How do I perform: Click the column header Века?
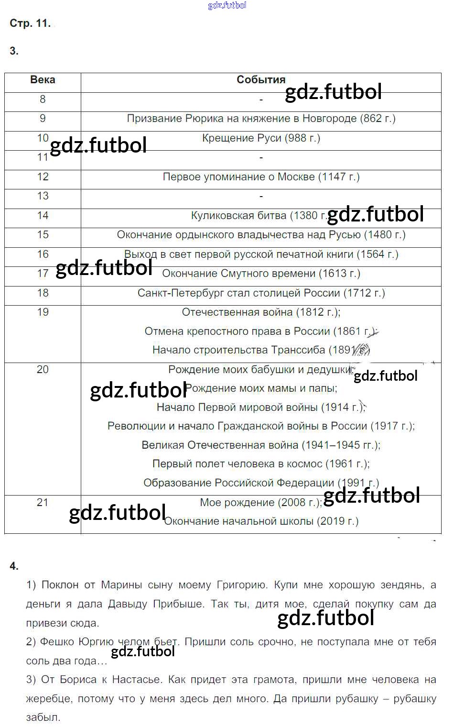tap(43, 80)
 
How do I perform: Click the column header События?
tap(261, 80)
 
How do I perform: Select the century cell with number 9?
tap(43, 119)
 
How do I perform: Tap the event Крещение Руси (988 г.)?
tap(261, 138)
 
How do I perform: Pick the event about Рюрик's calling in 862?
tap(261, 119)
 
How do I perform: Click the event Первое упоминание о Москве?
tap(261, 177)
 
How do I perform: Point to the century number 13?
tap(43, 196)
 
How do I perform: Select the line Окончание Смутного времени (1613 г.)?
tap(261, 274)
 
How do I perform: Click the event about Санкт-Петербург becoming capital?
tap(261, 293)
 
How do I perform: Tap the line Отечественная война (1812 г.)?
tap(261, 312)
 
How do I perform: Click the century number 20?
tap(43, 370)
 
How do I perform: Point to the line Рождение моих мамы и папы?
tap(261, 388)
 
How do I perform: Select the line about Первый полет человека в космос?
tap(261, 464)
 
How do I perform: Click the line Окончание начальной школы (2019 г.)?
tap(261, 521)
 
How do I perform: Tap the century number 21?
tap(43, 502)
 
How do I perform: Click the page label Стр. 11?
tap(30, 23)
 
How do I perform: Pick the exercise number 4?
tap(14, 566)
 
